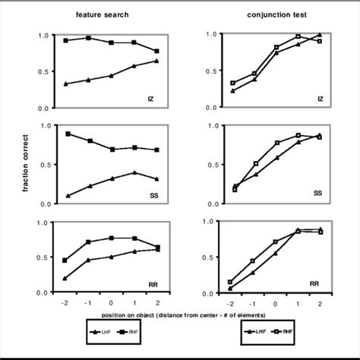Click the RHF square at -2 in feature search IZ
[x=66, y=40]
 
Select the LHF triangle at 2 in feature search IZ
[x=156, y=61]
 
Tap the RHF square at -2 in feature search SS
[x=68, y=134]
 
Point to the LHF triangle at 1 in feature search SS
[x=134, y=172]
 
